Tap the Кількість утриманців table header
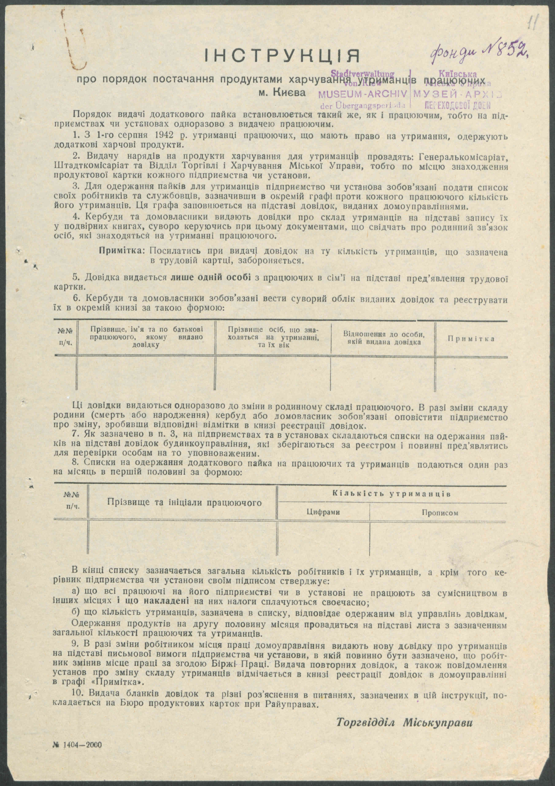point(391,494)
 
